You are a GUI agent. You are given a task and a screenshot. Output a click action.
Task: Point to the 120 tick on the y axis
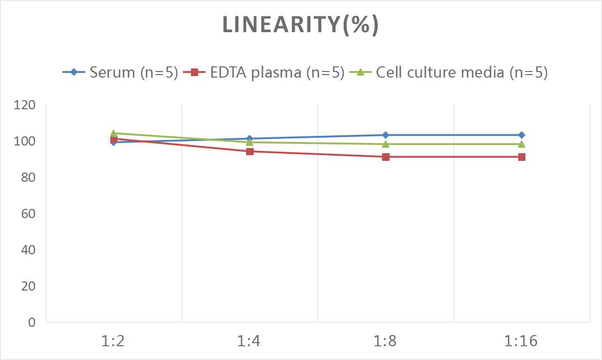pyautogui.click(x=25, y=105)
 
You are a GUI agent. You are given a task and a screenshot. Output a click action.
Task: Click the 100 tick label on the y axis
pyautogui.click(x=25, y=141)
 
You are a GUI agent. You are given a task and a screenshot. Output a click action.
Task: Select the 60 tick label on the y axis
pyautogui.click(x=28, y=213)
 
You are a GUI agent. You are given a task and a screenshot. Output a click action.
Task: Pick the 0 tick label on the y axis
pyautogui.click(x=32, y=322)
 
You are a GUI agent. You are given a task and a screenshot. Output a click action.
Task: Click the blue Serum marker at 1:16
pyautogui.click(x=521, y=135)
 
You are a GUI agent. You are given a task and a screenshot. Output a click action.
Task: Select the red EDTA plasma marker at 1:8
pyautogui.click(x=386, y=157)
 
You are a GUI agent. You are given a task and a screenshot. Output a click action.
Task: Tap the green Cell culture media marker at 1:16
pyautogui.click(x=521, y=144)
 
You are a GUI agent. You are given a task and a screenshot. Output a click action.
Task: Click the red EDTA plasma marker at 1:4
pyautogui.click(x=250, y=151)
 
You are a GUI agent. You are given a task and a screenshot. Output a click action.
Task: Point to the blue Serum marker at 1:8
pyautogui.click(x=386, y=135)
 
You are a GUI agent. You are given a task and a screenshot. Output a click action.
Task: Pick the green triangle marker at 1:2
pyautogui.click(x=113, y=133)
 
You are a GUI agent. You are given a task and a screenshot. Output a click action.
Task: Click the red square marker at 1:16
pyautogui.click(x=521, y=157)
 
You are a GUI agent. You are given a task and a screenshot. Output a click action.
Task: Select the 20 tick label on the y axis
pyautogui.click(x=28, y=286)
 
